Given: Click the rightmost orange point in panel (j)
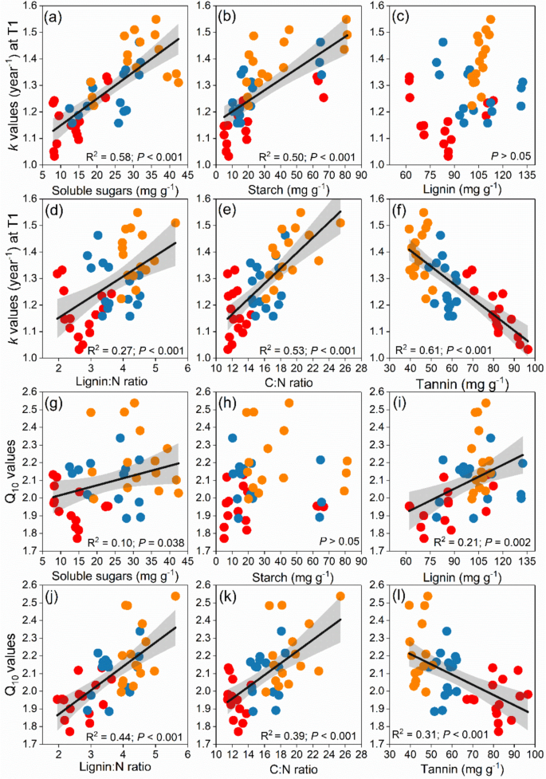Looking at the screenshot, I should click(175, 618).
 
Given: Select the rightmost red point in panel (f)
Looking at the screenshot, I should click(527, 348).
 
